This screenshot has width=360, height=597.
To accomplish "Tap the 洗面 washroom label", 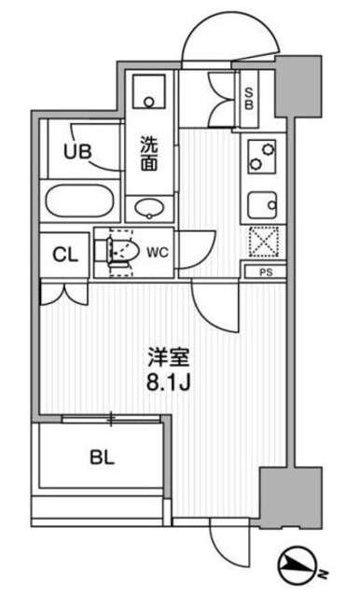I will pyautogui.click(x=150, y=153).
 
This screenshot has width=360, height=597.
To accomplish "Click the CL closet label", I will pyautogui.click(x=64, y=255).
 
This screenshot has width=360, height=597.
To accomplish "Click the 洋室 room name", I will pyautogui.click(x=171, y=355).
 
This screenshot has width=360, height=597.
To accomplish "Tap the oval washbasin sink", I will pyautogui.click(x=149, y=207).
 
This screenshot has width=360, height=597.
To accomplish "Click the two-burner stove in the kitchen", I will pyautogui.click(x=261, y=158).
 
